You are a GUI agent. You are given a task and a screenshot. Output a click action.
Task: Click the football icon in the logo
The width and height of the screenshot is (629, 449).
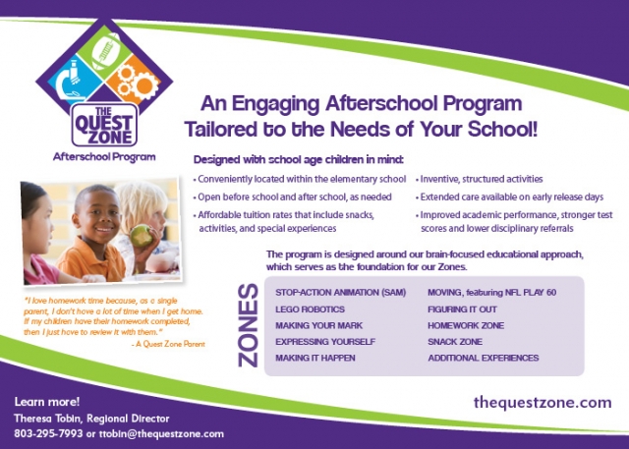click(x=106, y=51)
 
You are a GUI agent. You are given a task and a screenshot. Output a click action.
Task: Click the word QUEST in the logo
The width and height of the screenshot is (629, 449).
click(x=103, y=123)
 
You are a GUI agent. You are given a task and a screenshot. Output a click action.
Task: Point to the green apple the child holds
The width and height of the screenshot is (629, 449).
click(x=142, y=236)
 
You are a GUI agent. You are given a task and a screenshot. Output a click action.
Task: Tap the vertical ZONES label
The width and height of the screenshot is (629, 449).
click(x=249, y=325)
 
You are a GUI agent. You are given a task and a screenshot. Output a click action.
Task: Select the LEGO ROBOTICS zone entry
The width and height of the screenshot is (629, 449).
click(x=310, y=309)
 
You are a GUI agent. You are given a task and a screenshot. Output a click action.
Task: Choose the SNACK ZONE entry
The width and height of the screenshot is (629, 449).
click(x=455, y=342)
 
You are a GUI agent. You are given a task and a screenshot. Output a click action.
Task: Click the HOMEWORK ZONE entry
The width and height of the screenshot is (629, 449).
click(x=466, y=325)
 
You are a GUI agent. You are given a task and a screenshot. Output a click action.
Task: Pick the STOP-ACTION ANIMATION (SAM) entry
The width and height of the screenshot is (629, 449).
click(x=341, y=292)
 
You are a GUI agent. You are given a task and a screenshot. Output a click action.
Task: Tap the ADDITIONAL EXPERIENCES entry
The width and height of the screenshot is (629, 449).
click(x=483, y=358)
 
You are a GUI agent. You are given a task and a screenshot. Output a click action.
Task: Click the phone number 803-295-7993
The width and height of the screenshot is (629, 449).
click(x=48, y=433)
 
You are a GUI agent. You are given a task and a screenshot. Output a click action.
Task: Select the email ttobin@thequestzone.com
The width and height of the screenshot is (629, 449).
click(x=161, y=433)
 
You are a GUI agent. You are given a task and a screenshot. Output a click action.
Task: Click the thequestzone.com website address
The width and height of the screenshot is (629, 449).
click(x=543, y=402)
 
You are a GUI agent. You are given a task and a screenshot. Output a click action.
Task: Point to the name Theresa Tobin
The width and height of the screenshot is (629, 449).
click(x=48, y=419)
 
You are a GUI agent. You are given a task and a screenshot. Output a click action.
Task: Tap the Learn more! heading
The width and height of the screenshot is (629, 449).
click(x=47, y=402)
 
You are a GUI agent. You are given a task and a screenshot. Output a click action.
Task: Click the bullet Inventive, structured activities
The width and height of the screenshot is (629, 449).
click(x=479, y=179)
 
